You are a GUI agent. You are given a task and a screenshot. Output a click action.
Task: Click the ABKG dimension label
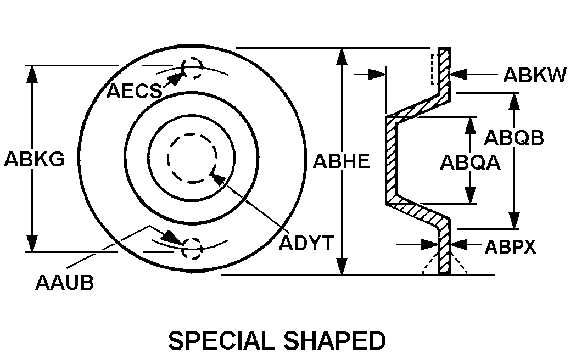click(x=34, y=159)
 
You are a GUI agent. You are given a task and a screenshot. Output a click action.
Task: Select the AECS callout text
click(x=134, y=91)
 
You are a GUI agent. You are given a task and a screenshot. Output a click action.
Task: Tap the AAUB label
click(x=65, y=283)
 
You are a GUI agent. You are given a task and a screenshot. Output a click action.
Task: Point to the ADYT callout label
click(x=306, y=243)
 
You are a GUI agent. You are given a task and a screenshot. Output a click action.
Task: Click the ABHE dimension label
click(x=341, y=161)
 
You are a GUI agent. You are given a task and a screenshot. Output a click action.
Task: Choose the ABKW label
click(x=534, y=75)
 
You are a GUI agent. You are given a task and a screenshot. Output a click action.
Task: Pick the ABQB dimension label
click(x=513, y=138)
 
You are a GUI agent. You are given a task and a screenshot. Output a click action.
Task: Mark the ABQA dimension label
click(x=470, y=162)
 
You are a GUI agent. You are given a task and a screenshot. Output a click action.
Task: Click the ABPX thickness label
click(x=510, y=247)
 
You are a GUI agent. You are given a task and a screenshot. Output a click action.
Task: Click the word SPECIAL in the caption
click(x=221, y=341)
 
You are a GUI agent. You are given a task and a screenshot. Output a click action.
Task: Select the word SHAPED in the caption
click(x=334, y=341)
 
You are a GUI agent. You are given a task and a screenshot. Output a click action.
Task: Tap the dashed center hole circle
click(x=192, y=158)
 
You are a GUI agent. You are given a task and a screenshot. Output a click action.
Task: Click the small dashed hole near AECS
click(x=192, y=69)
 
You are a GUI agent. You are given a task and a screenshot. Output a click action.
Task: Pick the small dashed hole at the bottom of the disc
click(x=192, y=249)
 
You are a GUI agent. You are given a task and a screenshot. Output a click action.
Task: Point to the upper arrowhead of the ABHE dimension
click(x=342, y=57)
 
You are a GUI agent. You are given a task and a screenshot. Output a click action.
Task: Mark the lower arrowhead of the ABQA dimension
click(x=470, y=195)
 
